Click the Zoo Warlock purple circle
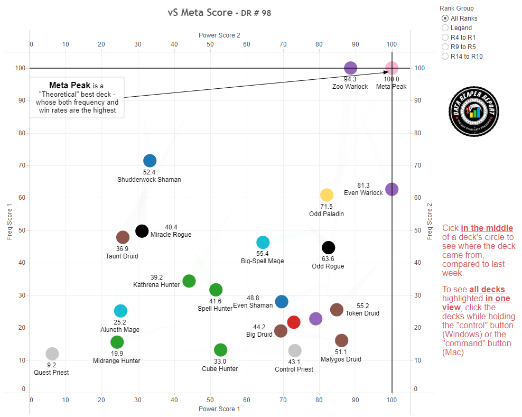[350, 68]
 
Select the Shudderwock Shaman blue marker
[150, 161]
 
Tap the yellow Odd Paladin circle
[327, 196]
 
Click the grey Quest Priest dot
[52, 354]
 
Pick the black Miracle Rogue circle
[142, 231]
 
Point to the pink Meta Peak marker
[392, 68]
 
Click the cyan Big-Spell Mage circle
[263, 243]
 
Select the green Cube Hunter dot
[220, 350]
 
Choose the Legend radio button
[445, 28]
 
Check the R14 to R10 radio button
[445, 57]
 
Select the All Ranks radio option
[445, 18]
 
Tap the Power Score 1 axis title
[219, 409]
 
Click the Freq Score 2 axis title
[430, 221]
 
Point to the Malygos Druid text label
[341, 359]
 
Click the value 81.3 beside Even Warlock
[363, 186]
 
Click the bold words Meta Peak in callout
[69, 85]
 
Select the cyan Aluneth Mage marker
[120, 311]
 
